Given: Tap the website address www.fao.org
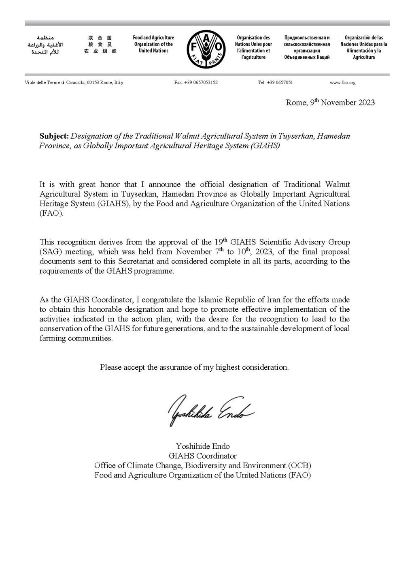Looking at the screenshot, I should [342, 83].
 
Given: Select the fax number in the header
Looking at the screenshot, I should [196, 83].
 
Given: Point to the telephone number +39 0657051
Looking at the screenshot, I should [275, 83].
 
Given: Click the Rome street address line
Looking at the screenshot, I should [74, 83].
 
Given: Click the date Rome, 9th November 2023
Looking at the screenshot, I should [330, 103].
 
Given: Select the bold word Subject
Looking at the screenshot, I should [54, 136].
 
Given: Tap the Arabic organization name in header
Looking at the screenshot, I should [45, 45].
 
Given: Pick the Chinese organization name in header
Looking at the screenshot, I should [100, 45].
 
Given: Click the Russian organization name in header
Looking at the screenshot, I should [307, 47].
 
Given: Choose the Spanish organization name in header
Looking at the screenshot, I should [363, 47].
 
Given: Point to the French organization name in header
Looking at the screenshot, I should [253, 47].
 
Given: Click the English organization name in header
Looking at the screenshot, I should [153, 44].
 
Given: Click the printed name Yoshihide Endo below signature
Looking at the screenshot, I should [203, 446].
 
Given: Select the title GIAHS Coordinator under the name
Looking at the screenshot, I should [203, 456].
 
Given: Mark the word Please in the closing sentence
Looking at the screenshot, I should [110, 368].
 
